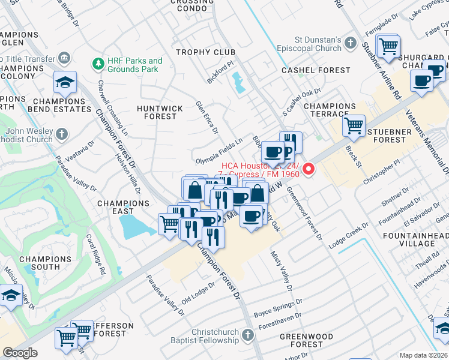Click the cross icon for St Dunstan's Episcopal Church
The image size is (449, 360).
[x=352, y=44]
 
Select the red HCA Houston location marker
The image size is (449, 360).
[x=309, y=169]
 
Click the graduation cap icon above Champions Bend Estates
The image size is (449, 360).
[x=65, y=83]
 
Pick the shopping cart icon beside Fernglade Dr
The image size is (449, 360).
[x=389, y=46]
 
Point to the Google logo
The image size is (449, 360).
[x=20, y=353]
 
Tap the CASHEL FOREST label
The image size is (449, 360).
[x=316, y=70]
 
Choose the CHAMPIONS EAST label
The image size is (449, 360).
[x=124, y=208]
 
